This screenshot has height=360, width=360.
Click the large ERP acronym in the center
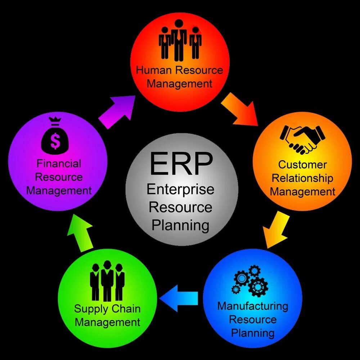point(181,163)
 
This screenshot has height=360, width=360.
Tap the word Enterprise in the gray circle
point(180,190)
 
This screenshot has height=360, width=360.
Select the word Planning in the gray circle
point(180,226)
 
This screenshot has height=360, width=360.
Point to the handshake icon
point(302,139)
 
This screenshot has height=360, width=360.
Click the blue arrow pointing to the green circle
point(179,298)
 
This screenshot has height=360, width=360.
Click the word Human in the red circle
point(154,70)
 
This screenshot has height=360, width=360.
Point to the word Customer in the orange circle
point(302,165)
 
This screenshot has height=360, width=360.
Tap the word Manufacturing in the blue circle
point(253,306)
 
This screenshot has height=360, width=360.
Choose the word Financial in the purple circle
point(59,164)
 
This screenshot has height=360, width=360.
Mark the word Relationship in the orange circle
point(302,178)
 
